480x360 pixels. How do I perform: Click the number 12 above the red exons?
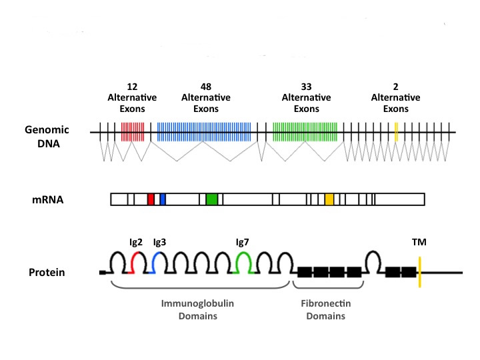[132, 87]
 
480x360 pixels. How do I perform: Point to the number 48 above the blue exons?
[205, 87]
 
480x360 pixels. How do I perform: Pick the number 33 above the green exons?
[306, 87]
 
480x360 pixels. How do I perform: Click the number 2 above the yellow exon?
[395, 87]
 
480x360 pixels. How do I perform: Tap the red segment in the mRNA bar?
[151, 199]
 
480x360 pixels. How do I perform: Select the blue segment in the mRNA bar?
[163, 199]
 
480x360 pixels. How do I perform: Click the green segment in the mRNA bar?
[212, 199]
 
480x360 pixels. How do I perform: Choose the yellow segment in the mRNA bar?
[329, 199]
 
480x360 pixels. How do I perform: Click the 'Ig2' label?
[136, 242]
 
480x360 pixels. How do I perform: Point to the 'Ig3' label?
[160, 242]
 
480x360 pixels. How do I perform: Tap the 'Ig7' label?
[244, 242]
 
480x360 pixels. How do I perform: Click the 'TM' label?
[420, 242]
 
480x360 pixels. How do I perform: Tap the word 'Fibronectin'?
[326, 303]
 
